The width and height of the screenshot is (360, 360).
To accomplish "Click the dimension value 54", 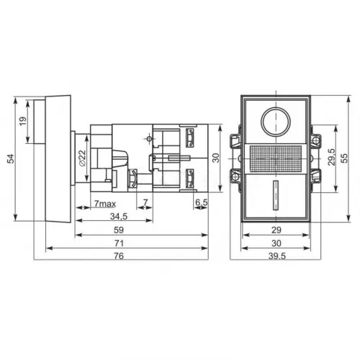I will pyautogui.click(x=11, y=158).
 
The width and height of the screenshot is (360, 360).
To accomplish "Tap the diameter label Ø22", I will pyautogui.click(x=81, y=158).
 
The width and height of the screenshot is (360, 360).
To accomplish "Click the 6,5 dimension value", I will pyautogui.click(x=201, y=202).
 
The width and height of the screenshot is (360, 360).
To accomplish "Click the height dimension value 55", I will pyautogui.click(x=345, y=158).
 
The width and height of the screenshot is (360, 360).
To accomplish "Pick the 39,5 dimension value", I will pyautogui.click(x=276, y=258).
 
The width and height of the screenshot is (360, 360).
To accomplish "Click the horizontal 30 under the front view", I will pyautogui.click(x=276, y=243).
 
